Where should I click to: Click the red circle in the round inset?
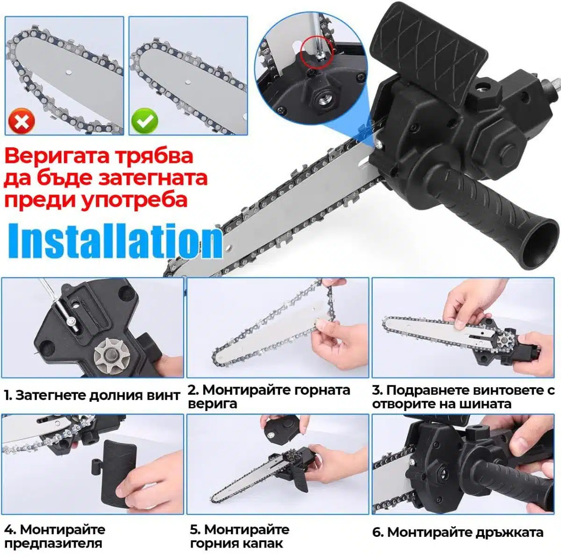click(316, 54)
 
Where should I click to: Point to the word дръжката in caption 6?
click(510, 525)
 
